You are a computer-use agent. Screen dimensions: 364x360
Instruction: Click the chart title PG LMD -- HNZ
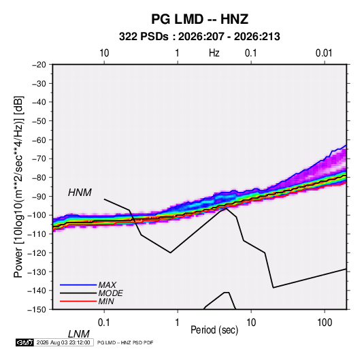point(199,19)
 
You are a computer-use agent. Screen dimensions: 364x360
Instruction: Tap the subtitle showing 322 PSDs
point(199,37)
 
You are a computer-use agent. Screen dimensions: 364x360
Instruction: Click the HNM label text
point(80,193)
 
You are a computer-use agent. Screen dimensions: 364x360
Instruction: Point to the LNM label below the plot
point(78,334)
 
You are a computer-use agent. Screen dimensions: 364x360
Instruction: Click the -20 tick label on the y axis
point(39,65)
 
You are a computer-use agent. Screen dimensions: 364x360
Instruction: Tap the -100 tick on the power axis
point(37,215)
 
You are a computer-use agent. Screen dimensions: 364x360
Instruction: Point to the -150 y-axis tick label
point(37,310)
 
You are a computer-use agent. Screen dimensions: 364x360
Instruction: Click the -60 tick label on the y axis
point(39,140)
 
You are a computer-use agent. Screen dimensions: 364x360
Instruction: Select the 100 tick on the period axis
point(325,323)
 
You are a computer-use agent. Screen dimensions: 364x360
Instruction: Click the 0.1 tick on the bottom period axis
point(104,323)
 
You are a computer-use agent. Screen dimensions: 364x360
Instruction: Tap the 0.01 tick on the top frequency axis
point(324,53)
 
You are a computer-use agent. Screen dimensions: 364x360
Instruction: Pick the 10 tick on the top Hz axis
point(104,53)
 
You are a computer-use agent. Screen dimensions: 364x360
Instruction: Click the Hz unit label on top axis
point(214,53)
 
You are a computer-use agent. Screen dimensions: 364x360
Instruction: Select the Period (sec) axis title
point(214,330)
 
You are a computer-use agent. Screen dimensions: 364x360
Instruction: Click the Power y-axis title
point(18,186)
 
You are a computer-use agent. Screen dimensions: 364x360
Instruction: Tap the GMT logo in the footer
point(25,342)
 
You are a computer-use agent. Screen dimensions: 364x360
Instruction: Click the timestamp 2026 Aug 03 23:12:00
point(63,342)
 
